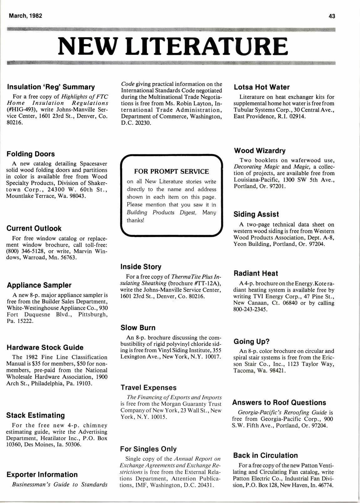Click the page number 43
[x=332, y=16]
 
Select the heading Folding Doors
[x=31, y=154]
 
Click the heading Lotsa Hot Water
[x=262, y=87]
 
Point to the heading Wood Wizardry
[x=260, y=151]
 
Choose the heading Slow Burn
[x=138, y=328]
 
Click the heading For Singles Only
[x=148, y=449]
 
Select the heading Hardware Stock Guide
[x=45, y=347]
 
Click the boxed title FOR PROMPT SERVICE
[x=172, y=172]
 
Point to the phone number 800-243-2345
[x=250, y=310]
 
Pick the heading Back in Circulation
[x=265, y=455]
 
